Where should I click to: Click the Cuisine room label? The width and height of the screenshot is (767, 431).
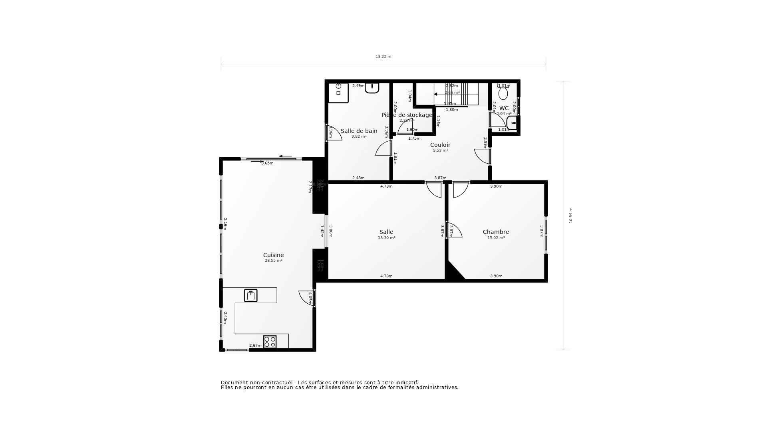[x=273, y=255]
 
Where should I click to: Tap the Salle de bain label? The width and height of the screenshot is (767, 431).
[x=359, y=131]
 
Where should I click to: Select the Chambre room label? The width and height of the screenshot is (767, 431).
[x=496, y=232]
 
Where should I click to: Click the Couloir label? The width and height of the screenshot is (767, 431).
[x=440, y=145]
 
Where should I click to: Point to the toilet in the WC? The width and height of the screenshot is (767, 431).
[x=503, y=94]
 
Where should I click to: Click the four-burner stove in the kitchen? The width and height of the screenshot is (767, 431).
[x=270, y=342]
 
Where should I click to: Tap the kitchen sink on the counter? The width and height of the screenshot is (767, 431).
[x=251, y=296]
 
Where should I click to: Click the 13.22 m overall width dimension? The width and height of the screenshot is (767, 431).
[x=383, y=57]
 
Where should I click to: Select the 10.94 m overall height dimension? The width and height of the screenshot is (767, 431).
[x=571, y=215]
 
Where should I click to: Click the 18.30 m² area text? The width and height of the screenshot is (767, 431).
[x=386, y=238]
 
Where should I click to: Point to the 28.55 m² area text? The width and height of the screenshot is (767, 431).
[x=273, y=261]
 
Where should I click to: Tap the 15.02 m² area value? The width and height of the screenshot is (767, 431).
[x=496, y=238]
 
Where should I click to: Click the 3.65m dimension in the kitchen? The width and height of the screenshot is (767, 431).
[x=267, y=163]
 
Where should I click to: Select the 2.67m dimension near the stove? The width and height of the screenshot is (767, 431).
[x=255, y=346]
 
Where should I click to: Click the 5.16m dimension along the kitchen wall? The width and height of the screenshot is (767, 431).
[x=225, y=224]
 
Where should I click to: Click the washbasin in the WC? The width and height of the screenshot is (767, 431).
[x=513, y=123]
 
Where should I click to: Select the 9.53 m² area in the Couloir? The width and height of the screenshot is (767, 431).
[x=440, y=150]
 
